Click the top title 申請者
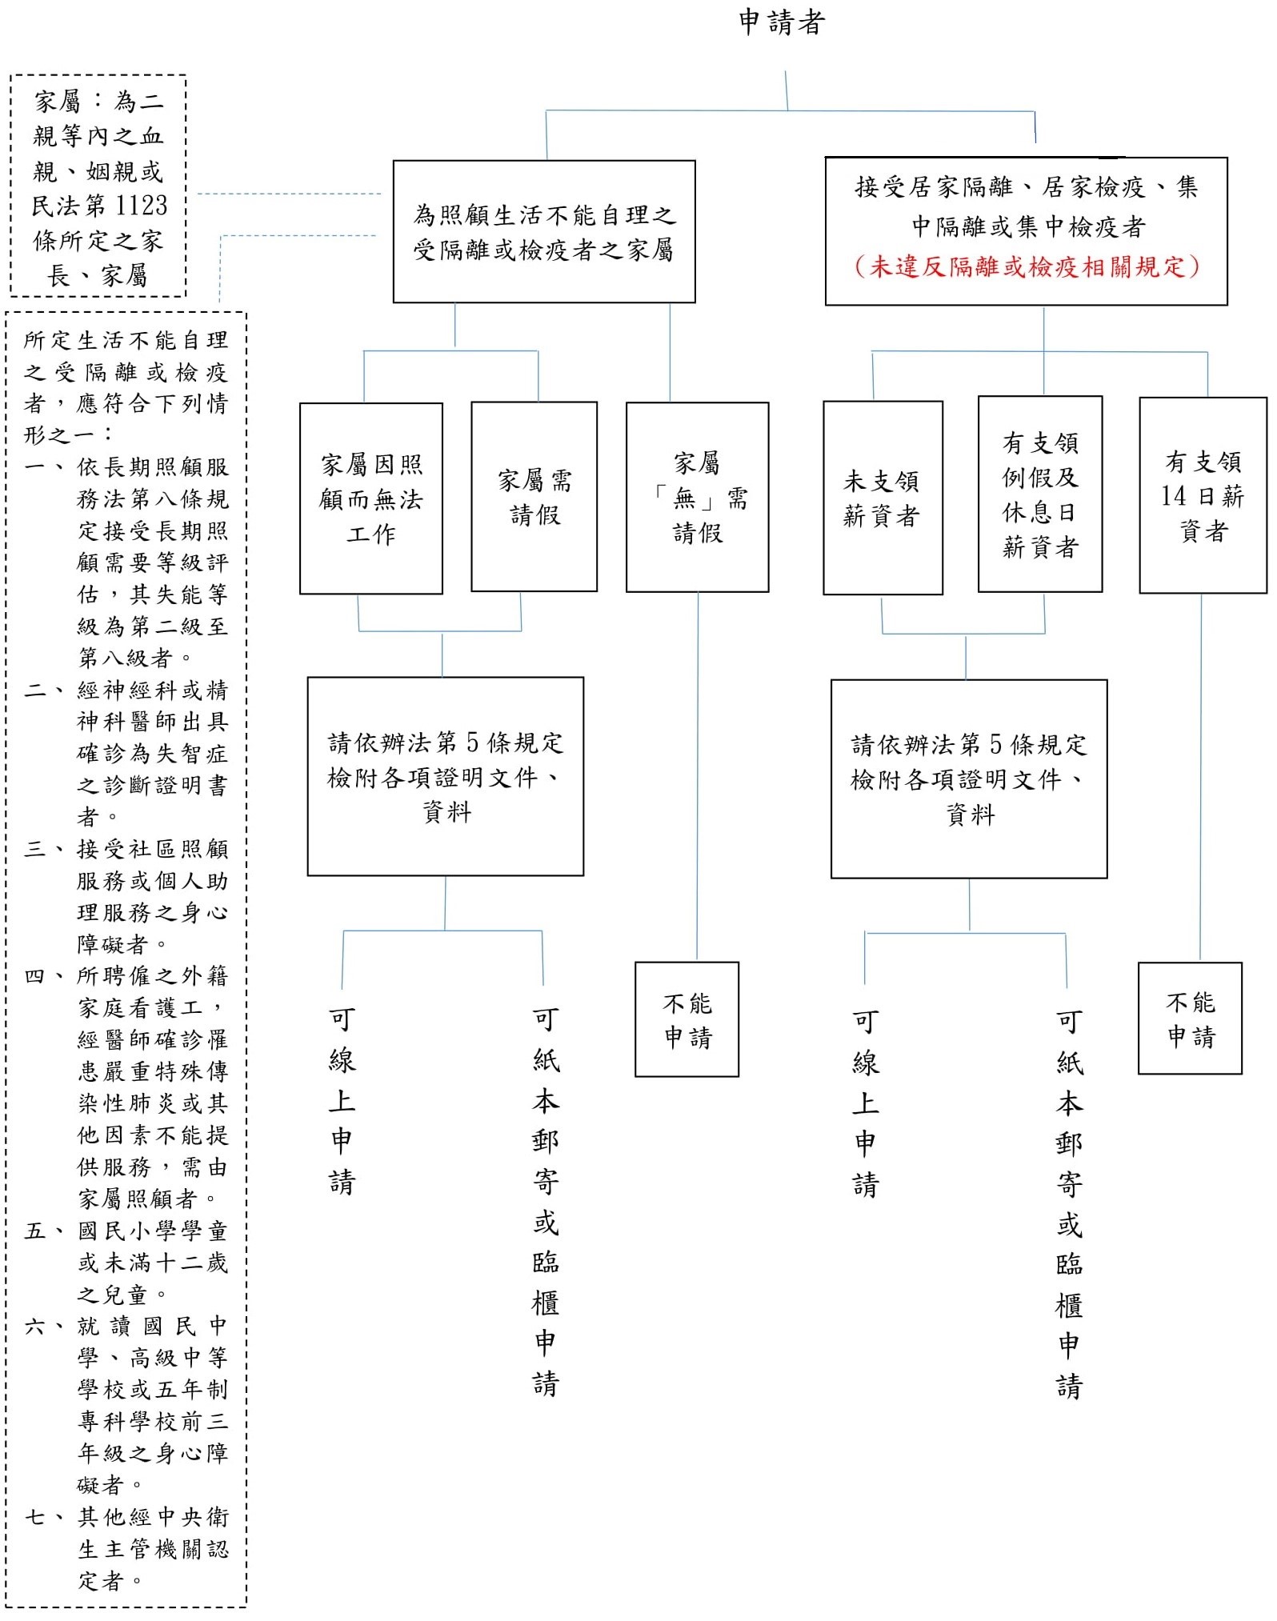[x=781, y=22]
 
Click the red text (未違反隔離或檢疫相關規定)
[x=1027, y=266]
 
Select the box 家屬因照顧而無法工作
[x=370, y=498]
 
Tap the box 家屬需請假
[x=534, y=497]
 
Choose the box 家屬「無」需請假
[x=697, y=497]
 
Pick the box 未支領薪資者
[x=883, y=498]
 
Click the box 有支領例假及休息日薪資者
[x=1039, y=494]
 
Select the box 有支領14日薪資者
[x=1203, y=495]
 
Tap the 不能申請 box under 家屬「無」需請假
[x=687, y=1019]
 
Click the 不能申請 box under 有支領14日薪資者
[x=1190, y=1019]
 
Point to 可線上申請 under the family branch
[x=342, y=1101]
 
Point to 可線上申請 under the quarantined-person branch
[x=865, y=1103]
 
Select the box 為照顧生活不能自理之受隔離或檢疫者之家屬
[x=544, y=232]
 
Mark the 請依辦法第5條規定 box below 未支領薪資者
[x=969, y=779]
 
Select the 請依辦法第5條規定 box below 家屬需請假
[x=446, y=777]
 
